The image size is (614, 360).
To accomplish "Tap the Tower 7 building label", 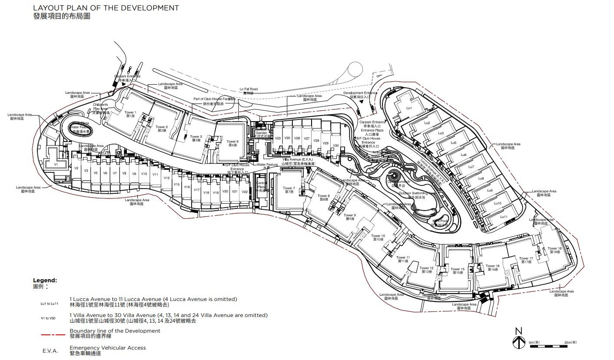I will pyautogui.click(x=289, y=190).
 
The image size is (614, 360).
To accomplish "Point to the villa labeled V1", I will pyautogui.click(x=56, y=165).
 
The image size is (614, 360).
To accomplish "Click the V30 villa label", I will pyautogui.click(x=335, y=146).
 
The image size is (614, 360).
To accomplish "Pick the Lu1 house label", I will pyautogui.click(x=409, y=108).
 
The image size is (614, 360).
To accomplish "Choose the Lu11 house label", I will pyautogui.click(x=504, y=217).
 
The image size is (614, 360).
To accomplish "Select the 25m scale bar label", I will pyautogui.click(x=570, y=343).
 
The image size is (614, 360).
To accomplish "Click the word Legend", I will pyautogui.click(x=45, y=281).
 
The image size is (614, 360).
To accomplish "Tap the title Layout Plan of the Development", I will pyautogui.click(x=106, y=8).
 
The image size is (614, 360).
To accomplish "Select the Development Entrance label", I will pyautogui.click(x=360, y=95).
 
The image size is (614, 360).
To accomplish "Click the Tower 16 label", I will pyautogui.click(x=493, y=268).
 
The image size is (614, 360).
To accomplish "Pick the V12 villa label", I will pyautogui.click(x=166, y=178).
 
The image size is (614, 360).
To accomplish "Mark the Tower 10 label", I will pyautogui.click(x=378, y=238).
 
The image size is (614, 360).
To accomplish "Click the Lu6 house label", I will pyautogui.click(x=463, y=155).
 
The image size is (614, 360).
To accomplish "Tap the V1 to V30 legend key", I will pyautogui.click(x=48, y=318).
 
